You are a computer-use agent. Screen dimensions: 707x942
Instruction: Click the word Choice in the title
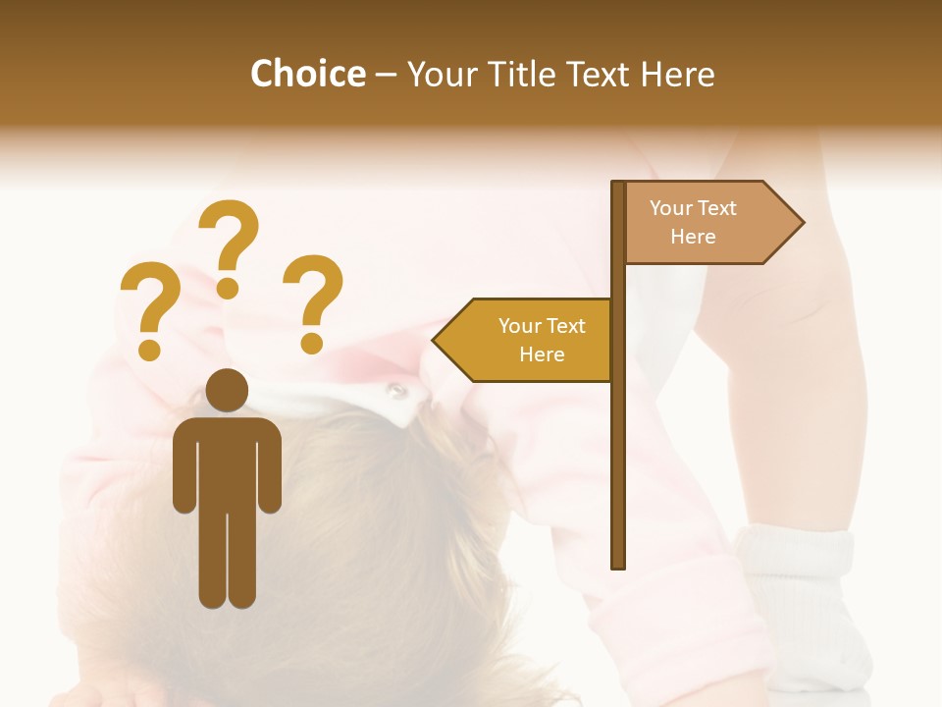click(307, 74)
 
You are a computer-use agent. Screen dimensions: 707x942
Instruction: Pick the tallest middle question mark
click(232, 236)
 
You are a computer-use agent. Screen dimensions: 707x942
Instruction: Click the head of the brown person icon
click(228, 390)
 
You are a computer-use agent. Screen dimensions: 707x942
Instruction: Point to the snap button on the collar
click(395, 391)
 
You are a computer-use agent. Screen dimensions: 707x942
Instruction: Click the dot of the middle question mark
click(228, 287)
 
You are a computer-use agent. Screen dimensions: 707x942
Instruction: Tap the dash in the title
click(386, 75)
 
